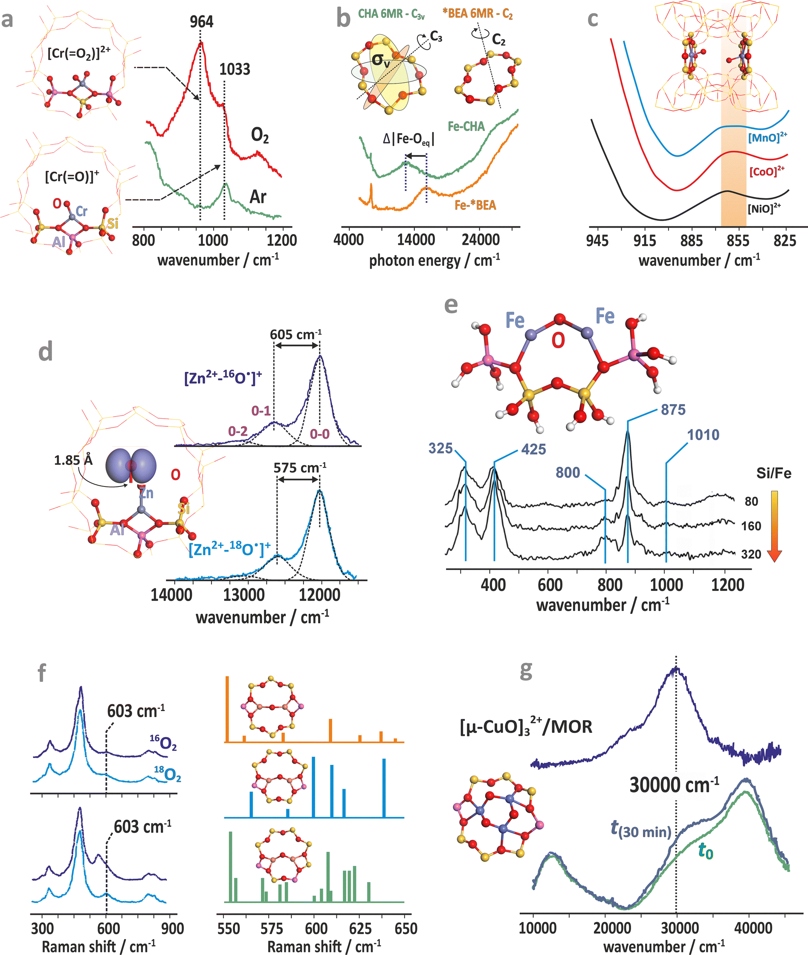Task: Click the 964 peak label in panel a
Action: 202,21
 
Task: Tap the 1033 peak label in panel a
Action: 235,69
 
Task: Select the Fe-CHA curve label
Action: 466,127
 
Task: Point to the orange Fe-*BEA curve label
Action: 475,205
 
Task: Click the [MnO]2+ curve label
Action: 767,137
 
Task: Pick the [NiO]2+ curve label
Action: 764,208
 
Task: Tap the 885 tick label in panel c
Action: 691,240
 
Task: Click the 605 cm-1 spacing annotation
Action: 295,334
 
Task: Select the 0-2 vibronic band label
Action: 238,431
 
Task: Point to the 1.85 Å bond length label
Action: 73,460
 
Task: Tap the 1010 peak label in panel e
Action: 703,435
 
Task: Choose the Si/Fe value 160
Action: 751,526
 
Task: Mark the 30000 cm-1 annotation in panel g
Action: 674,785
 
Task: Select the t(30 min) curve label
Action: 641,829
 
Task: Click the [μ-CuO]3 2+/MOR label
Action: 526,726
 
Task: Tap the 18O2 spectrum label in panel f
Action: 168,775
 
